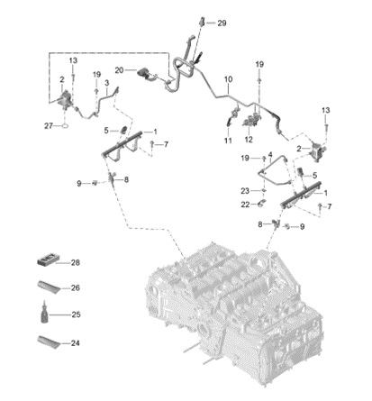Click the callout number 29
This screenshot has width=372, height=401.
click(222, 23)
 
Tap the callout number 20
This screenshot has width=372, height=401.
click(119, 70)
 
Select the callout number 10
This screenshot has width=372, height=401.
click(229, 79)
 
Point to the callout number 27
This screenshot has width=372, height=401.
click(49, 126)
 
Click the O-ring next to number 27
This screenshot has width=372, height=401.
click(65, 126)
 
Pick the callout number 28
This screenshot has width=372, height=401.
click(76, 262)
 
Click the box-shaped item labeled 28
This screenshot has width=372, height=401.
click(49, 260)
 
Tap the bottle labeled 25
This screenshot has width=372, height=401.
click(44, 313)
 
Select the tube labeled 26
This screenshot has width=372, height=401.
click(49, 287)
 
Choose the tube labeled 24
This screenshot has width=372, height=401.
click(49, 342)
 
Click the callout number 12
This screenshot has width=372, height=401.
click(249, 140)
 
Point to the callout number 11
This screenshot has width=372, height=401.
click(228, 141)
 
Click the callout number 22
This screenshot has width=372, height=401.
click(245, 205)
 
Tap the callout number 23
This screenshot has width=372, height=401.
click(245, 191)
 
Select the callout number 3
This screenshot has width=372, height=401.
click(106, 83)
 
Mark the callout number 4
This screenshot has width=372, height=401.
click(270, 155)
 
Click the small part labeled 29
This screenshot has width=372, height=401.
click(202, 22)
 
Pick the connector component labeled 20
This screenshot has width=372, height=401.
click(143, 74)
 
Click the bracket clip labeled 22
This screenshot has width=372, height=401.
click(261, 204)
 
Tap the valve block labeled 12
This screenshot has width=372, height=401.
click(251, 121)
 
